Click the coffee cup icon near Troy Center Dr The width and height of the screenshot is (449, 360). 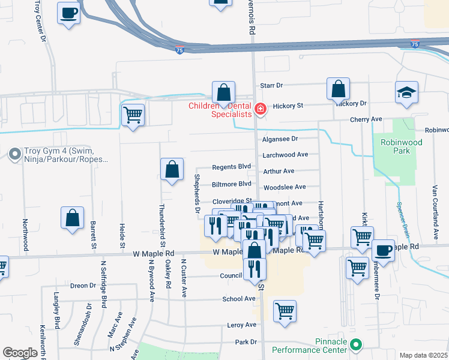click(x=69, y=13)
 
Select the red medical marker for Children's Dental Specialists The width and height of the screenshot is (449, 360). click(x=260, y=109)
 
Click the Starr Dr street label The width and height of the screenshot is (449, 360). click(x=271, y=86)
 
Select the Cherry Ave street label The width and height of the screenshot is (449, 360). click(x=368, y=119)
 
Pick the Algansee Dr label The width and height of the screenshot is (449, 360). click(x=280, y=139)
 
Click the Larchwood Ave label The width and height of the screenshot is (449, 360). click(x=285, y=155)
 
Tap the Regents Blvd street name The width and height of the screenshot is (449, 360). click(x=232, y=167)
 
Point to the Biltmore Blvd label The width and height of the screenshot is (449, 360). click(x=232, y=184)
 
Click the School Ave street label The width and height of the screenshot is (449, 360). click(x=239, y=299)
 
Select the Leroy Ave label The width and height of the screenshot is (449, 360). click(x=242, y=325)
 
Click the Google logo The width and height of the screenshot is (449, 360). click(x=20, y=353)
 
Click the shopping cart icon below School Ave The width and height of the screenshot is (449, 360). click(x=285, y=311)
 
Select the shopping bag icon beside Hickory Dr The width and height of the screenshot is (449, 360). click(x=339, y=89)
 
